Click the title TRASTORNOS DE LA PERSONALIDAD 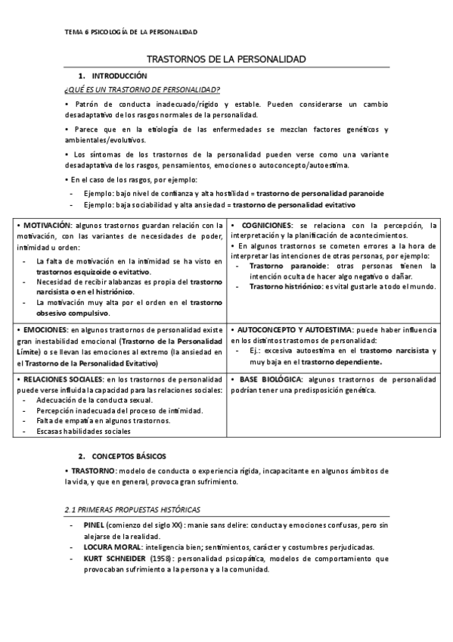pos(225,59)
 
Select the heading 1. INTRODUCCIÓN pos(119,76)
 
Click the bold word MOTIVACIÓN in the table pos(45,226)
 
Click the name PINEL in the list pos(95,525)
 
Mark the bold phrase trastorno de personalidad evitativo pos(294,204)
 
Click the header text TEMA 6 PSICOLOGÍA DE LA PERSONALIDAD pos(130,32)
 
